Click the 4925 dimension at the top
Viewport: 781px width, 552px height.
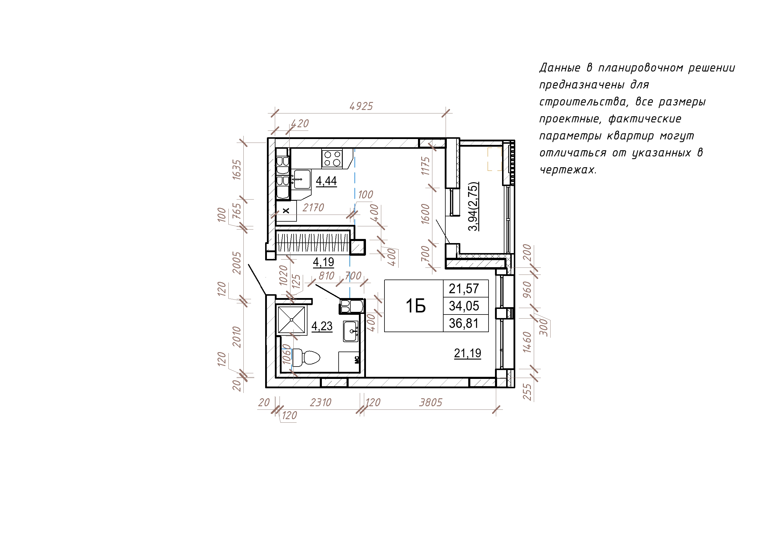[361, 106]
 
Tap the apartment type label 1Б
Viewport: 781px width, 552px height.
[416, 306]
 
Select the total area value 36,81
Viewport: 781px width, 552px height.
[464, 323]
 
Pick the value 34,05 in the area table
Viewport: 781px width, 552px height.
[464, 306]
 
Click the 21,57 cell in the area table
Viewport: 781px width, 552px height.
[464, 288]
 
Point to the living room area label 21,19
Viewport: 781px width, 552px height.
[467, 353]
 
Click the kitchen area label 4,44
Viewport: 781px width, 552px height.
[326, 180]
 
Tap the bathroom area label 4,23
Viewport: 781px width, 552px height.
[322, 326]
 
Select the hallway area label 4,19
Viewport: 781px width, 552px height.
[324, 262]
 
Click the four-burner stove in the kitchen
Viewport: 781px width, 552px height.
[332, 159]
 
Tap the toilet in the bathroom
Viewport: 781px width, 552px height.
[306, 357]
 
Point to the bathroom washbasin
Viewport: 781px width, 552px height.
[351, 331]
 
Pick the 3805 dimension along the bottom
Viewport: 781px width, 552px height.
[430, 403]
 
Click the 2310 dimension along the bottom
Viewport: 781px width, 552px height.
[320, 403]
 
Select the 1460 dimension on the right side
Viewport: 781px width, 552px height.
[527, 342]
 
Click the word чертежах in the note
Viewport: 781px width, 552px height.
[568, 170]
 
